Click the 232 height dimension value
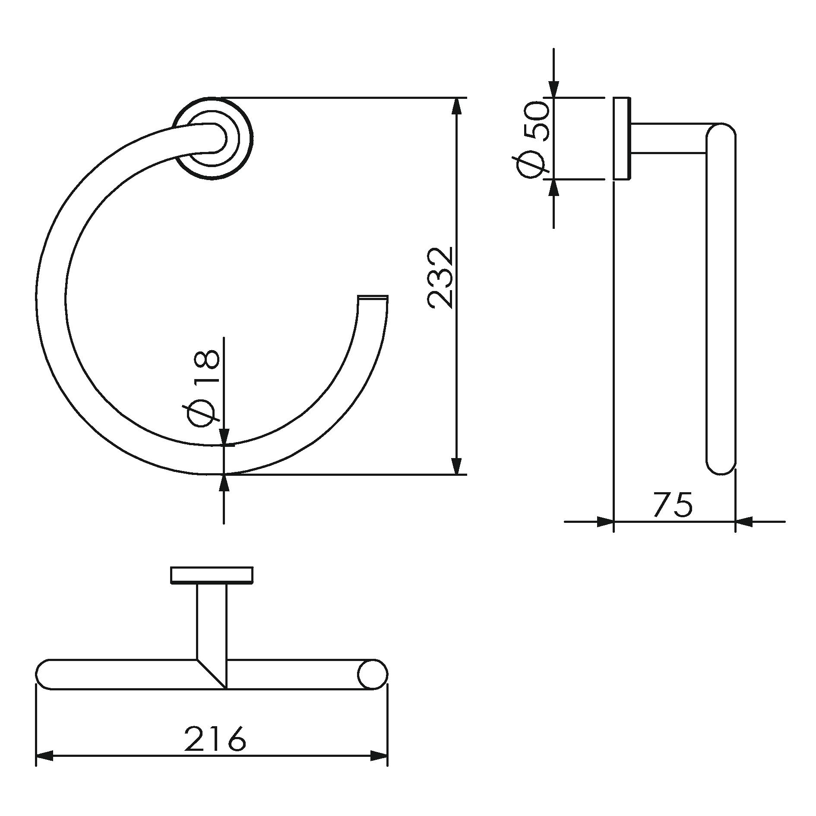pyautogui.click(x=440, y=278)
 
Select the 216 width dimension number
pyautogui.click(x=215, y=739)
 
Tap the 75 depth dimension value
pyautogui.click(x=673, y=504)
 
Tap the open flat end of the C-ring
pyautogui.click(x=373, y=297)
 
